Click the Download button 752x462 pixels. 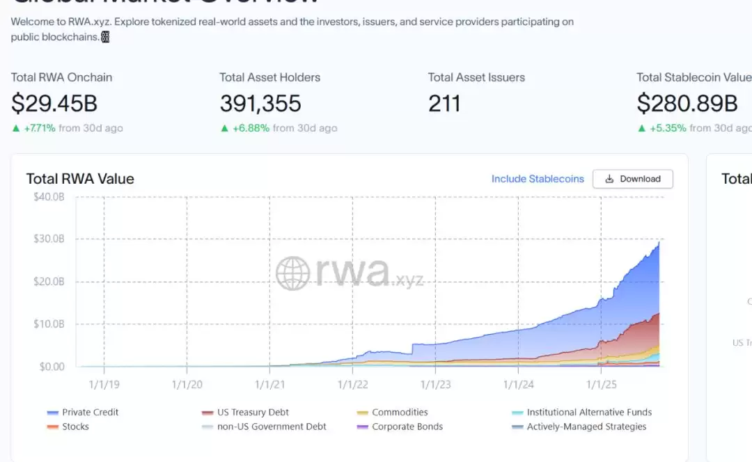coord(632,179)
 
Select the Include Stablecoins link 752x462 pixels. coord(538,179)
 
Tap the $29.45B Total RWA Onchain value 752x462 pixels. coord(54,104)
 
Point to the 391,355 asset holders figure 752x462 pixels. coord(260,104)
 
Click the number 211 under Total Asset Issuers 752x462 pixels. coord(444,104)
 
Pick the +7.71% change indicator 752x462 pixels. coord(39,128)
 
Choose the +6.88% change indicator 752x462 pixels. coord(251,128)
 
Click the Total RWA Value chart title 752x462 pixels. coord(80,179)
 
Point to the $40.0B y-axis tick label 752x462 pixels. coord(49,197)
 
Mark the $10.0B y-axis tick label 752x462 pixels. coord(49,324)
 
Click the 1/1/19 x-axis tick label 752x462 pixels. coord(104,384)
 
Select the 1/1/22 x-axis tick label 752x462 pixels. coord(352,384)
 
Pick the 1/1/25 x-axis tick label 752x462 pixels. coord(600,384)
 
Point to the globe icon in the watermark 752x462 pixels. coord(292,273)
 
